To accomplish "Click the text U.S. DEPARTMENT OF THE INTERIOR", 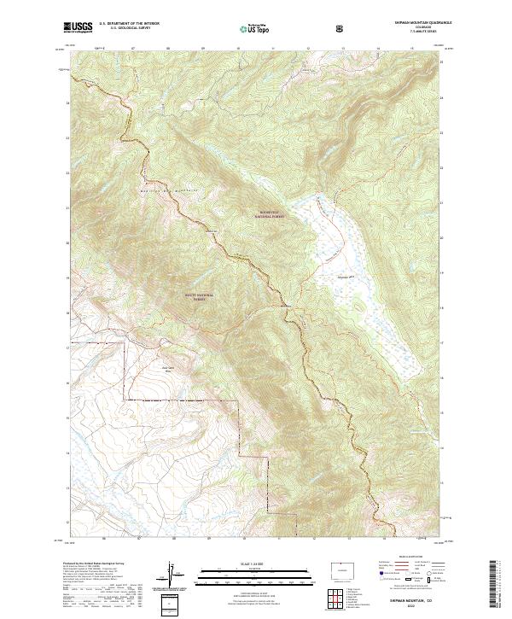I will [x=129, y=24].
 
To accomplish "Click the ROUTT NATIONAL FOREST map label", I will [x=199, y=297].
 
